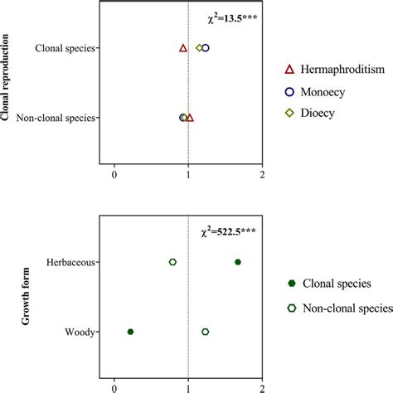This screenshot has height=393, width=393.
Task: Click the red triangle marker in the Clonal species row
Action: [183, 48]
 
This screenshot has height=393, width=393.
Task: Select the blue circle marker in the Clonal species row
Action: [206, 48]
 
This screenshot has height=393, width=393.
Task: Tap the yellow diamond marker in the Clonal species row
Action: [199, 48]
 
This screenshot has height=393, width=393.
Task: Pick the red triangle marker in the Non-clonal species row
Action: [190, 118]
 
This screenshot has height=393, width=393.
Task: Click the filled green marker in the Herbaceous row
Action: [238, 262]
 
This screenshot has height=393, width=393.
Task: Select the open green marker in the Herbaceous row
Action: [172, 262]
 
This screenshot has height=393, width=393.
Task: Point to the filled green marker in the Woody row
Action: [130, 332]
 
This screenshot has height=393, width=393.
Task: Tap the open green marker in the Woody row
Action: [206, 332]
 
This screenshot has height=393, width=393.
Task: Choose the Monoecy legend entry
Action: [329, 91]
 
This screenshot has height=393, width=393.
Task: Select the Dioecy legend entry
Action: [323, 113]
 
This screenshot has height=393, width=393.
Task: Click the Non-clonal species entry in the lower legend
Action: [347, 309]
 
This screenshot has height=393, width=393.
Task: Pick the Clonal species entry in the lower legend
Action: [340, 284]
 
